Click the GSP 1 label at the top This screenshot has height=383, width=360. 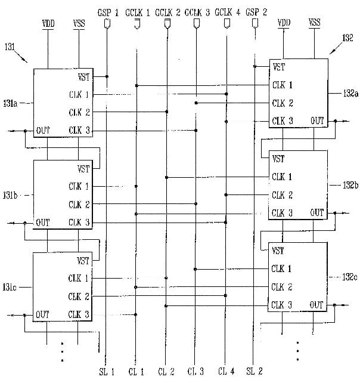(108, 13)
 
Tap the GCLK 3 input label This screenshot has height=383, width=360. (197, 13)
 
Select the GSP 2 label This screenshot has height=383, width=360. (256, 12)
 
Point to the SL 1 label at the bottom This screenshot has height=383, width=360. (107, 372)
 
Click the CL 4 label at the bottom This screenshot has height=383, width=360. (226, 372)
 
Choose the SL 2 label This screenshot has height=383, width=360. (255, 372)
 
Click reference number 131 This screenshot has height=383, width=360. (10, 47)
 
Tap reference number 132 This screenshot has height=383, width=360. (347, 38)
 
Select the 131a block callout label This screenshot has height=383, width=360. (10, 104)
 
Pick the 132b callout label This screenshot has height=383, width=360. (350, 186)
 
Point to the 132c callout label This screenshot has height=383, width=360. (349, 277)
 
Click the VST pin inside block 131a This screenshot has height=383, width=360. (83, 77)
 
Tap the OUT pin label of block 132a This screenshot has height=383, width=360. (317, 121)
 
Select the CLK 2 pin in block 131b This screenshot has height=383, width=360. (79, 205)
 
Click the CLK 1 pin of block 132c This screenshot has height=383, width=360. (281, 269)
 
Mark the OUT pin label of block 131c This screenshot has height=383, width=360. (42, 314)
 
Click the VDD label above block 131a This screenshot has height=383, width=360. (48, 24)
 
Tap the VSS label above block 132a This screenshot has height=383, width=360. (314, 23)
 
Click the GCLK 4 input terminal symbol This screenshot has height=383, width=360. (227, 24)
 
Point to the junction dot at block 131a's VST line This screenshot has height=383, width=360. (107, 77)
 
